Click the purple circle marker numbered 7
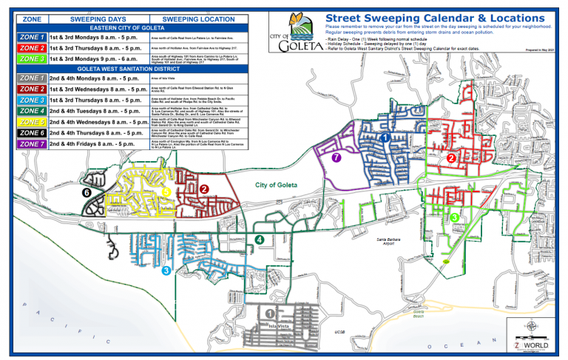pos(336,157)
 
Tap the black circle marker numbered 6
pos(87,192)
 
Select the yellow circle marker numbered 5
pos(166,191)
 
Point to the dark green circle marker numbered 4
pos(259,239)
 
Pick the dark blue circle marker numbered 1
pos(384,137)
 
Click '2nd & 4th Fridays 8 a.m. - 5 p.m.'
pos(96,143)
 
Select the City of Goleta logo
pos(294,35)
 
